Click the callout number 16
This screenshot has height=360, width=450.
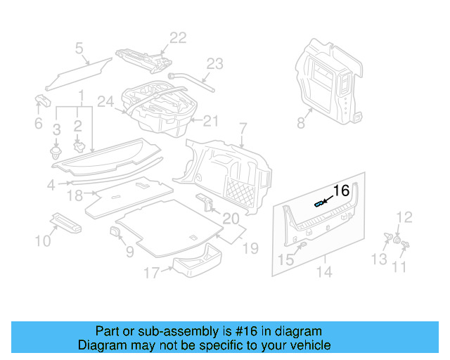[340, 191]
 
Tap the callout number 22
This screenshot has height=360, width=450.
[178, 38]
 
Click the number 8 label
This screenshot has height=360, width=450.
[301, 123]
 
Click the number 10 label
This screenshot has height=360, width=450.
[43, 241]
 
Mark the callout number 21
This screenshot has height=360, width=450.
[211, 121]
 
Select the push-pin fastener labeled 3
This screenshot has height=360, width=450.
[56, 151]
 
